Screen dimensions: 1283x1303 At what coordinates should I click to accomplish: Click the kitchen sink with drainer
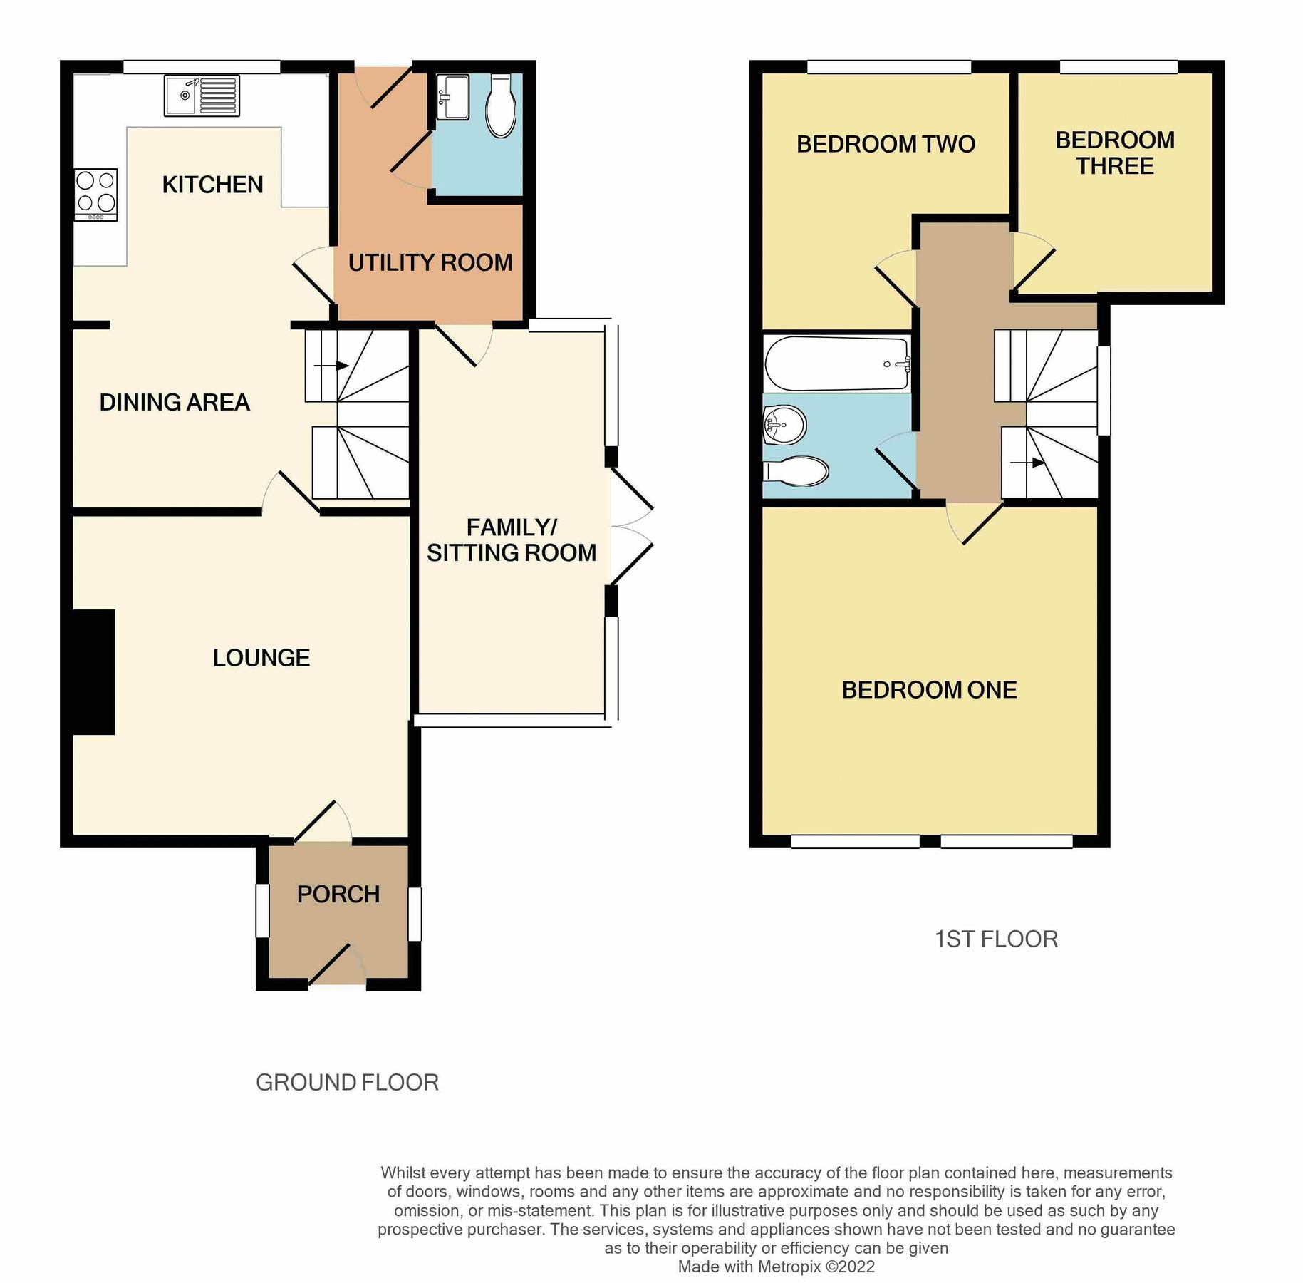point(202,96)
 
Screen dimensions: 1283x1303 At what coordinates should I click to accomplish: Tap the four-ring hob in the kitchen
point(96,195)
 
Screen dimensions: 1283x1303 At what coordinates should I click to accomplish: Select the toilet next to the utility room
point(501,106)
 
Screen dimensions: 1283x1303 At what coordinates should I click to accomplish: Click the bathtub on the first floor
point(837,364)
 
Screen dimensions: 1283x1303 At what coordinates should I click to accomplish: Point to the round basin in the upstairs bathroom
point(784,426)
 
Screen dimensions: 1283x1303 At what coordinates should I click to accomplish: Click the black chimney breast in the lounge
point(93,671)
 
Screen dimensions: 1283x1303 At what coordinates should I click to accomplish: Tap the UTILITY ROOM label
point(430,263)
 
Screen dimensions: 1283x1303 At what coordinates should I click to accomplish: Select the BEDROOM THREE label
point(1115,153)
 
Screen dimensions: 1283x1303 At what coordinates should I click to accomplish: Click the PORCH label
point(338,895)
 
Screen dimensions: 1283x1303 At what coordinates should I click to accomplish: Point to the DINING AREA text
point(175,403)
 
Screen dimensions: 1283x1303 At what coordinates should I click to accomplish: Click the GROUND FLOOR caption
point(347,1083)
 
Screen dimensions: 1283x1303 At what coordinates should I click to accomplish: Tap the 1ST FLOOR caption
point(996,939)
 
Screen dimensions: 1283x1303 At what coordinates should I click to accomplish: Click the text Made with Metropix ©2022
point(776,1267)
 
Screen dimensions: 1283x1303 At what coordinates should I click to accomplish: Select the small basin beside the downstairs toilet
point(452,98)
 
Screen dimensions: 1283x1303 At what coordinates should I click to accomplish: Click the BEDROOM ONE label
point(929,690)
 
